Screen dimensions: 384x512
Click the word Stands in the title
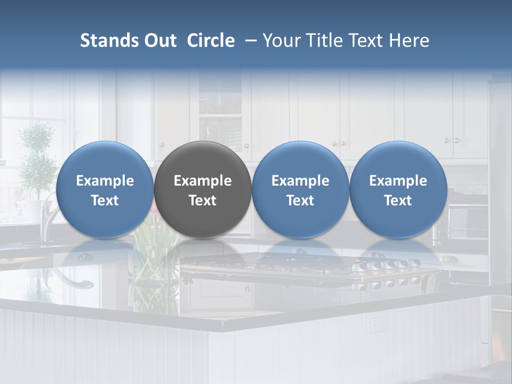pyautogui.click(x=107, y=41)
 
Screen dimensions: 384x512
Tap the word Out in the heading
pyautogui.click(x=159, y=41)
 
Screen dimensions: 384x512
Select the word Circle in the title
pyautogui.click(x=211, y=41)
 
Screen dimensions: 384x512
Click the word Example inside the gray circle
pyautogui.click(x=203, y=181)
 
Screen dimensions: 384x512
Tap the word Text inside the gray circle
pyautogui.click(x=203, y=201)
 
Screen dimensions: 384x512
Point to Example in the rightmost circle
pyautogui.click(x=398, y=181)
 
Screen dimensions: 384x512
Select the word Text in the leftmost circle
pyautogui.click(x=105, y=201)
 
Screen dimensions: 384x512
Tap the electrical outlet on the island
pyautogui.click(x=378, y=322)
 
